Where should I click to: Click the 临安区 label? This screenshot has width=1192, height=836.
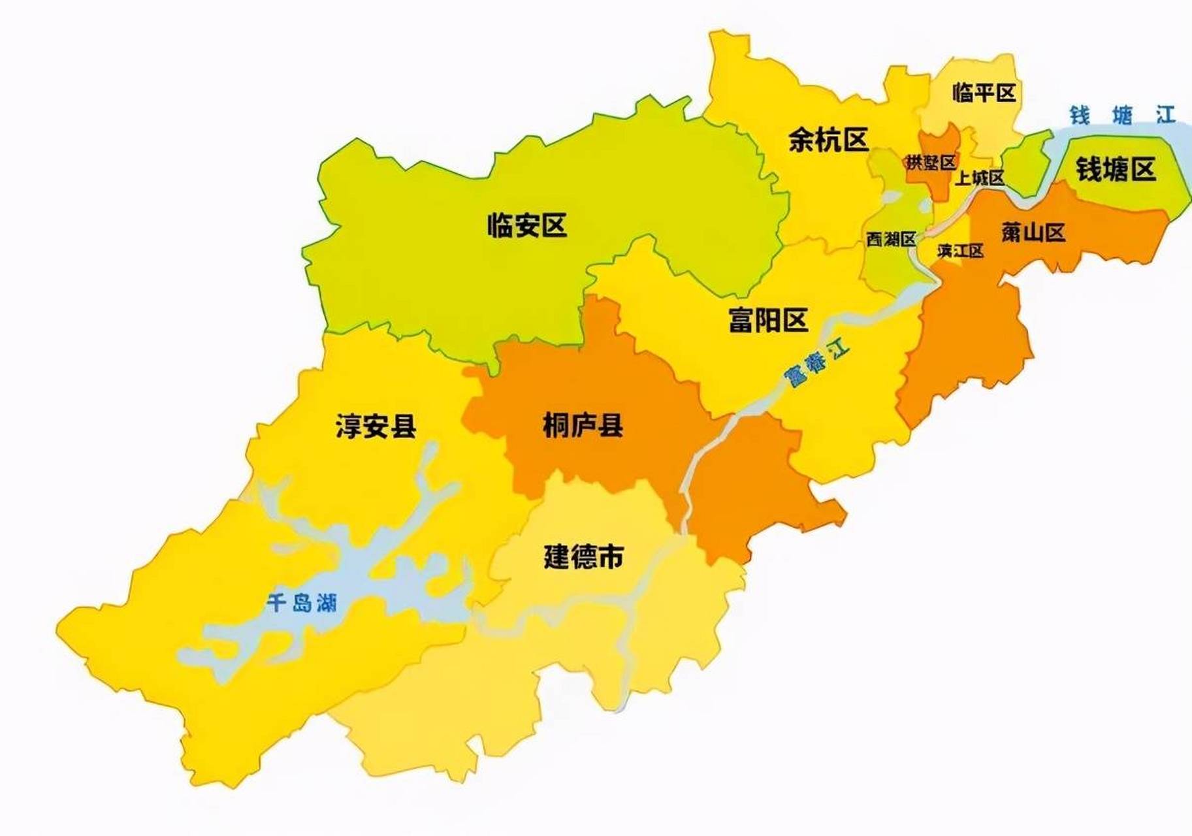pos(527,225)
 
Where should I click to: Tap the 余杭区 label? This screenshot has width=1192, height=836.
pos(828,139)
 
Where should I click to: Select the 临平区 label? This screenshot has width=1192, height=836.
pos(984,93)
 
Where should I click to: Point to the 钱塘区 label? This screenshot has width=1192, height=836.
pos(1116,170)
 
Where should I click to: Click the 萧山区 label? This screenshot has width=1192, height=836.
pos(1033,232)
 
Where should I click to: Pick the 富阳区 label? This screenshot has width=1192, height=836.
pos(768,320)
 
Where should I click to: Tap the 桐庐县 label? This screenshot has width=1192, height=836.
pos(583,426)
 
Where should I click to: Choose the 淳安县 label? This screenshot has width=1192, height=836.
pos(376,426)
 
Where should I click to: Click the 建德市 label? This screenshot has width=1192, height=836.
pos(583,557)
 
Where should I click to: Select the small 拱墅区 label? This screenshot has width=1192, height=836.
pos(931,162)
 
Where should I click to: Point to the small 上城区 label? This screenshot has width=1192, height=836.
pos(979,178)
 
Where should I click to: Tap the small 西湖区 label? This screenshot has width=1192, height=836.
pos(891,240)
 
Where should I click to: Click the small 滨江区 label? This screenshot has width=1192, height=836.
pos(960,251)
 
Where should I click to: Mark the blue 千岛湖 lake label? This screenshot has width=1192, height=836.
pos(301,602)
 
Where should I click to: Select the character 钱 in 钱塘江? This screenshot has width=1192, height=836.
pos(1079,116)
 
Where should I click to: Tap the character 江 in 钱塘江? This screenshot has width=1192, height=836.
pos(1165,116)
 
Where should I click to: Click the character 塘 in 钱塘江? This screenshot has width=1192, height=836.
pos(1122,116)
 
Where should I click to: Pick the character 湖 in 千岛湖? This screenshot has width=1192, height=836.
pos(327,602)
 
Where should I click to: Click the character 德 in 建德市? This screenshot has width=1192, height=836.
pos(583,557)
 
